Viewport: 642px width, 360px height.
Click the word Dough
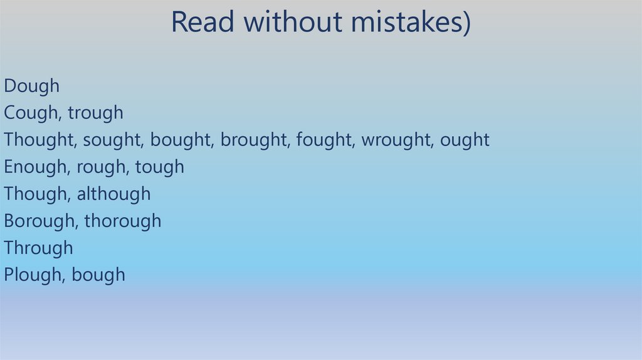[x=31, y=86]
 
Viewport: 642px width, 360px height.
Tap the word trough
[x=95, y=113]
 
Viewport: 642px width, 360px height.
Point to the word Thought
[x=39, y=140]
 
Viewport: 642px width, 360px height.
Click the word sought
[x=114, y=140]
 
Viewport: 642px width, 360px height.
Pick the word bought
[x=182, y=140]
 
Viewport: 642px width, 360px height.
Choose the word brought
[x=255, y=140]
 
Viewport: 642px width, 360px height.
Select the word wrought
[x=396, y=140]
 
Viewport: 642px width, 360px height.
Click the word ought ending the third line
[x=465, y=140]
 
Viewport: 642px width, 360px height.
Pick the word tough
[x=160, y=167]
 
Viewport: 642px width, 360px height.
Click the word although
[x=113, y=194]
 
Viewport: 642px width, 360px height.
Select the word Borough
[x=39, y=221]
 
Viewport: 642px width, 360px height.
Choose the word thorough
[x=123, y=221]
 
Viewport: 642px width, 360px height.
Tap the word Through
[x=38, y=248]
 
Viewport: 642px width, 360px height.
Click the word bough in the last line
[x=98, y=275]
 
